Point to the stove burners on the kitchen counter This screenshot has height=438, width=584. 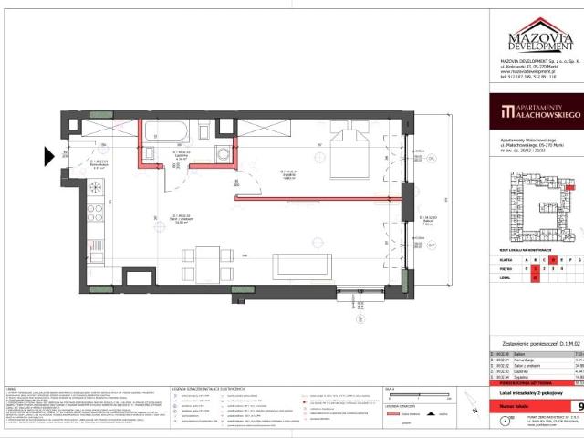coord(94,213)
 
